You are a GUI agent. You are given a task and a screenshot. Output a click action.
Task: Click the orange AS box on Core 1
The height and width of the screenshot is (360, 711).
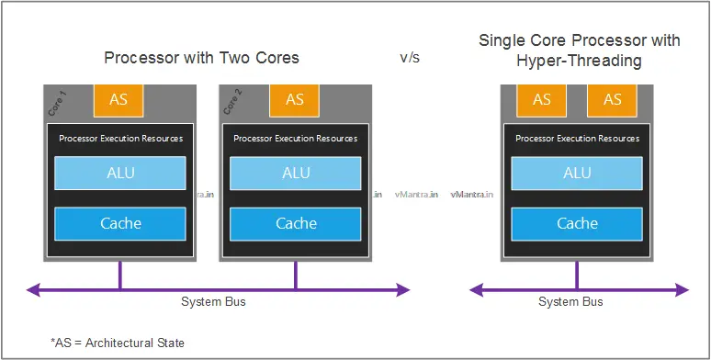[119, 100]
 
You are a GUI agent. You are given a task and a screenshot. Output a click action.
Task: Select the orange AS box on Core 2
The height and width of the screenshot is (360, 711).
[295, 100]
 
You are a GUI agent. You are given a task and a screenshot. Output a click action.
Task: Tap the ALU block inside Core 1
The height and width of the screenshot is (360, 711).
[120, 173]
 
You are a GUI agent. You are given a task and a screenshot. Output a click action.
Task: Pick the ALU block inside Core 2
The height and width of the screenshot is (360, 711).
[296, 173]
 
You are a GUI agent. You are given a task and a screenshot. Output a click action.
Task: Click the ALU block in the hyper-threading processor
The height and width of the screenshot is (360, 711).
[577, 173]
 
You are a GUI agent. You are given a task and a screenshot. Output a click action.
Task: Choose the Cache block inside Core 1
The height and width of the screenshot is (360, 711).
[120, 223]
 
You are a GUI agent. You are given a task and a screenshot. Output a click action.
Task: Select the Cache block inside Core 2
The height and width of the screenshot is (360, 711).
[296, 223]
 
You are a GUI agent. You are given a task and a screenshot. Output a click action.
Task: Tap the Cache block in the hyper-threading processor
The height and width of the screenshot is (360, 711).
[577, 223]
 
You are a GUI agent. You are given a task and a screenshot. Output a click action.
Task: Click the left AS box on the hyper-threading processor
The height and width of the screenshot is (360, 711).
[542, 100]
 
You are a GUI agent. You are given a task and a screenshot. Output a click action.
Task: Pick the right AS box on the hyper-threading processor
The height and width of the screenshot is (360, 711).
[612, 100]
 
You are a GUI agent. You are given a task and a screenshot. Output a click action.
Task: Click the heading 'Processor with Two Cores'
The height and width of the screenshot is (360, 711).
[202, 58]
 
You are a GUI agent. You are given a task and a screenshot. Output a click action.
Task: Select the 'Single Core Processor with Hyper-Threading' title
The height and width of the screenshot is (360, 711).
[579, 50]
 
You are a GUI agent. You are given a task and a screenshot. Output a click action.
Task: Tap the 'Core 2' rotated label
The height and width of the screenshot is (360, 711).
[231, 103]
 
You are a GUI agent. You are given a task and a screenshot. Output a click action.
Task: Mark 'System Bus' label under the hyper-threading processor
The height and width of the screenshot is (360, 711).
[570, 302]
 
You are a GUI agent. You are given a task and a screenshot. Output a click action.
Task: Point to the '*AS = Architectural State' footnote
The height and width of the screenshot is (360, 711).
[118, 343]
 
